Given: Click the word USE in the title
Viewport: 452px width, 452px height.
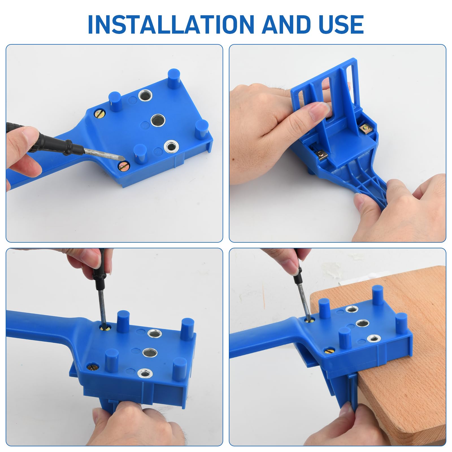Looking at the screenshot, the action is tap(341, 24).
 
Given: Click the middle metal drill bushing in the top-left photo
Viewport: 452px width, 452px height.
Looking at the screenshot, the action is tap(158, 120).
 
